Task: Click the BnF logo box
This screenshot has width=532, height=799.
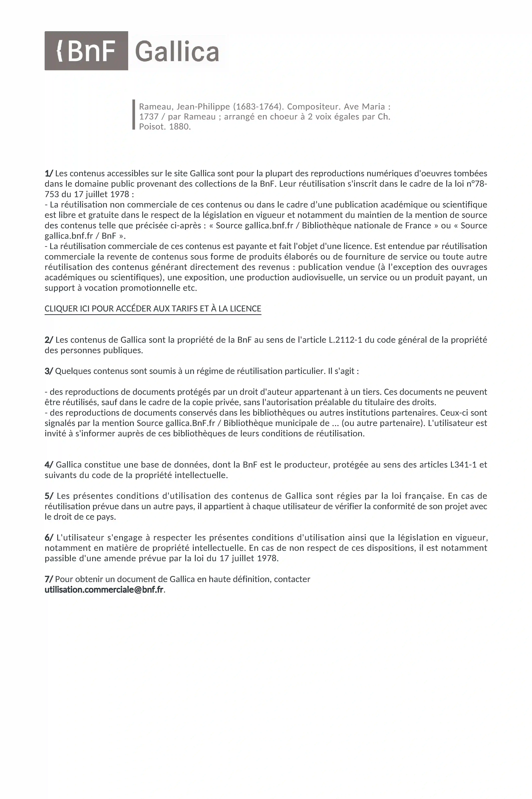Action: pos(86,51)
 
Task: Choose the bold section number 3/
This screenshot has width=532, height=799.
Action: pos(49,371)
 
